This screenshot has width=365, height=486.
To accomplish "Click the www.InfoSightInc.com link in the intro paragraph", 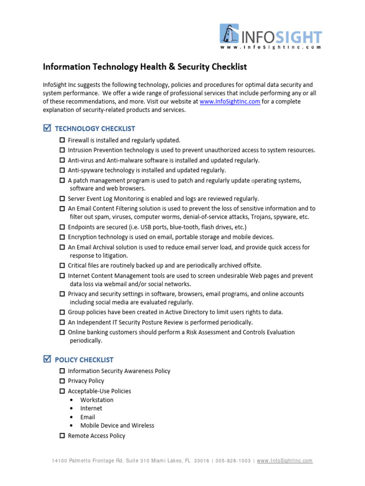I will point(230,102).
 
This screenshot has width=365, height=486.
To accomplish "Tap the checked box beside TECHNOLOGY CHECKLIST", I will point(47,128).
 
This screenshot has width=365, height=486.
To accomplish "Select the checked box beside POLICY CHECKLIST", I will point(47,359).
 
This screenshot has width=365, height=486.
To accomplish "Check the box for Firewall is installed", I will point(62,140).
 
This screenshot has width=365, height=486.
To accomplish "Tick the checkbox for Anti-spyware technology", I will point(62,170).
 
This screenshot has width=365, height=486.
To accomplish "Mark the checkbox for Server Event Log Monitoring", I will point(62,199).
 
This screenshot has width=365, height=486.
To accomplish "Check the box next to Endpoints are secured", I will point(62,227).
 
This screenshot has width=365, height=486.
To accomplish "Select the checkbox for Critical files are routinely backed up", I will point(62,265).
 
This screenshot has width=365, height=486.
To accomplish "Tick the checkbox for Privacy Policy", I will point(62,381).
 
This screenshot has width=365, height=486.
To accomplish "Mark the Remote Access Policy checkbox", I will point(62,436).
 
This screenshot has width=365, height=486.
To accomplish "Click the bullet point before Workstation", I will point(71,400).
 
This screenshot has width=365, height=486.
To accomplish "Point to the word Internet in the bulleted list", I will point(91,408).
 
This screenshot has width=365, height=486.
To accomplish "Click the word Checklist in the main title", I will point(226,67).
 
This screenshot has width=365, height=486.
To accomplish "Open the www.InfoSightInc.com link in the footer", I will point(285,461).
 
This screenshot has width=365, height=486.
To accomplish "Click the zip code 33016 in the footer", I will point(202,461).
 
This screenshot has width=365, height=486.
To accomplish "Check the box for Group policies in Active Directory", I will point(62,312).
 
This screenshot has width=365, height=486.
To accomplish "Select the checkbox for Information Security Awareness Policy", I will point(62,371).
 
